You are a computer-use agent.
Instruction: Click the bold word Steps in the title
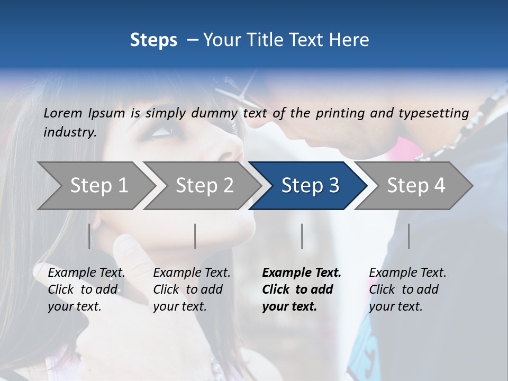[153, 40]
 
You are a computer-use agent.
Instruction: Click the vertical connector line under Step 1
[89, 236]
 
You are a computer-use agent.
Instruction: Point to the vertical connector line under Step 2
[195, 236]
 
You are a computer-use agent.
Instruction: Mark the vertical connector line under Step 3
[302, 236]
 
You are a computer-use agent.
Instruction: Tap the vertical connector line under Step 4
[409, 236]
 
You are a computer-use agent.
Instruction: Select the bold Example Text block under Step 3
[302, 289]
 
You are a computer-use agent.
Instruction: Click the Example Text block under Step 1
[86, 289]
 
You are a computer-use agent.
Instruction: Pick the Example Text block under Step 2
[192, 289]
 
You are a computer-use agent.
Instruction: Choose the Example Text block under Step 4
[407, 289]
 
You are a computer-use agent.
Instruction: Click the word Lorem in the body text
[62, 113]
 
